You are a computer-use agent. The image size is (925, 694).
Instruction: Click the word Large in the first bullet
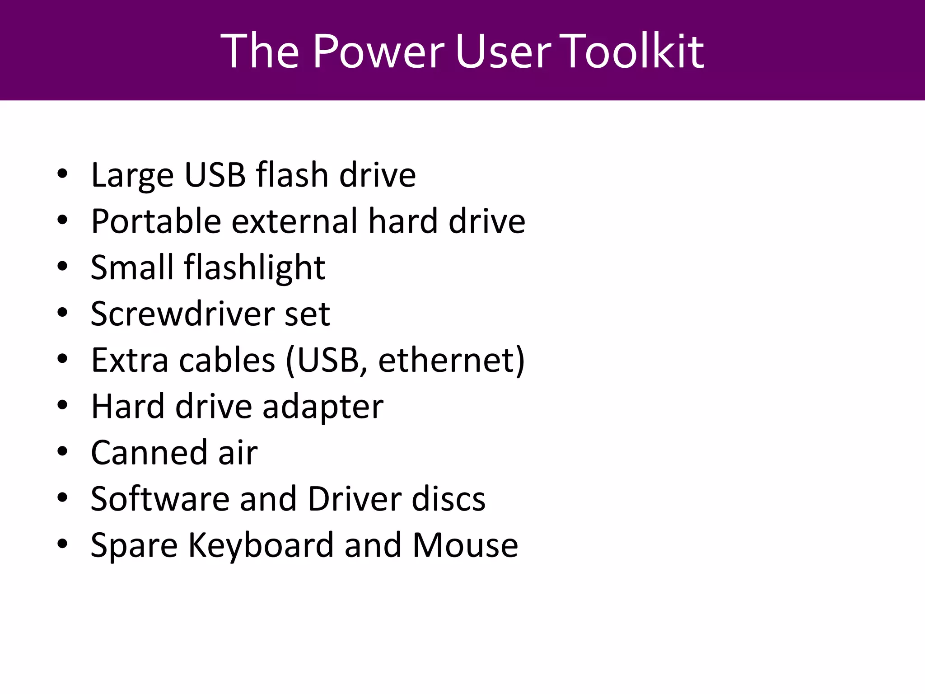(132, 176)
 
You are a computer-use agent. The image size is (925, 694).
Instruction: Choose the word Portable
(156, 221)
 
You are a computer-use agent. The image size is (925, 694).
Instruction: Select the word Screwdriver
(182, 314)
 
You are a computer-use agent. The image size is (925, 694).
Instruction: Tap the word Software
(160, 499)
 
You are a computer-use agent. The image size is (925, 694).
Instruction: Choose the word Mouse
(465, 545)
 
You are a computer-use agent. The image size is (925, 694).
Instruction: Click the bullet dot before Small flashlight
(62, 266)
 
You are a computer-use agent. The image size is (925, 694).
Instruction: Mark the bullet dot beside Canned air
(62, 451)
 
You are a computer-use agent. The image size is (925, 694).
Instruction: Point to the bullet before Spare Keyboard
(62, 544)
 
